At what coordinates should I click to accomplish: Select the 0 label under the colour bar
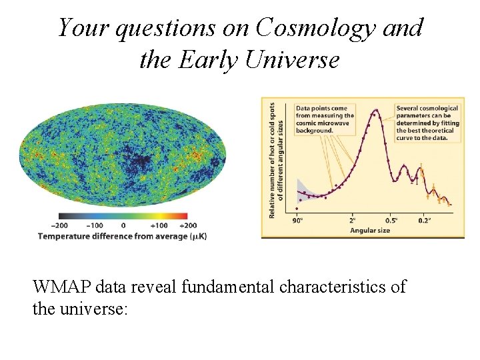123,225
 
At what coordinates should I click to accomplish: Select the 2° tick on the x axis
353,219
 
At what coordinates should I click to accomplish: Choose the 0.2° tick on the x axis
424,219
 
